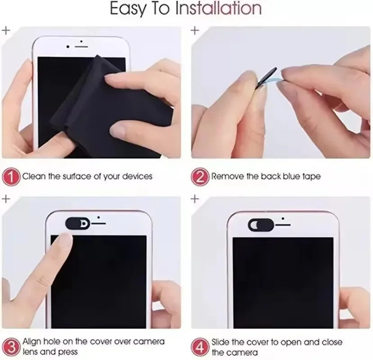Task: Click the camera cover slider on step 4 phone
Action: pos(260,223)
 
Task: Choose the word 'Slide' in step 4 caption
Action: pos(221,342)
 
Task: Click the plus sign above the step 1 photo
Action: pos(6,31)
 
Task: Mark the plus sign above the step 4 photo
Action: pos(195,198)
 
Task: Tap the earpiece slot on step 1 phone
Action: pos(81,45)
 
